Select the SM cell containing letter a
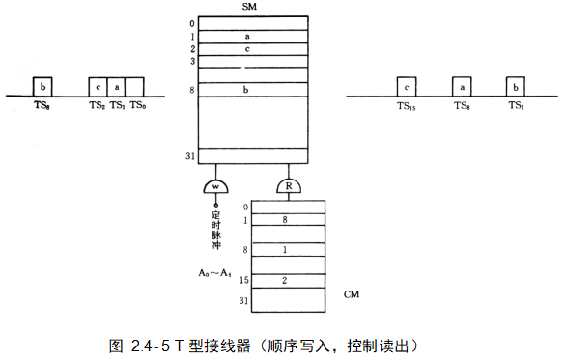[x=247, y=36]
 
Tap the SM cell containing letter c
[x=247, y=48]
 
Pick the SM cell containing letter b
[x=247, y=90]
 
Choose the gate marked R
[x=289, y=185]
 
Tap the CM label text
[x=353, y=291]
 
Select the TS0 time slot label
[x=138, y=104]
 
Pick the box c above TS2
[x=98, y=87]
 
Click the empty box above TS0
[x=135, y=87]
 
